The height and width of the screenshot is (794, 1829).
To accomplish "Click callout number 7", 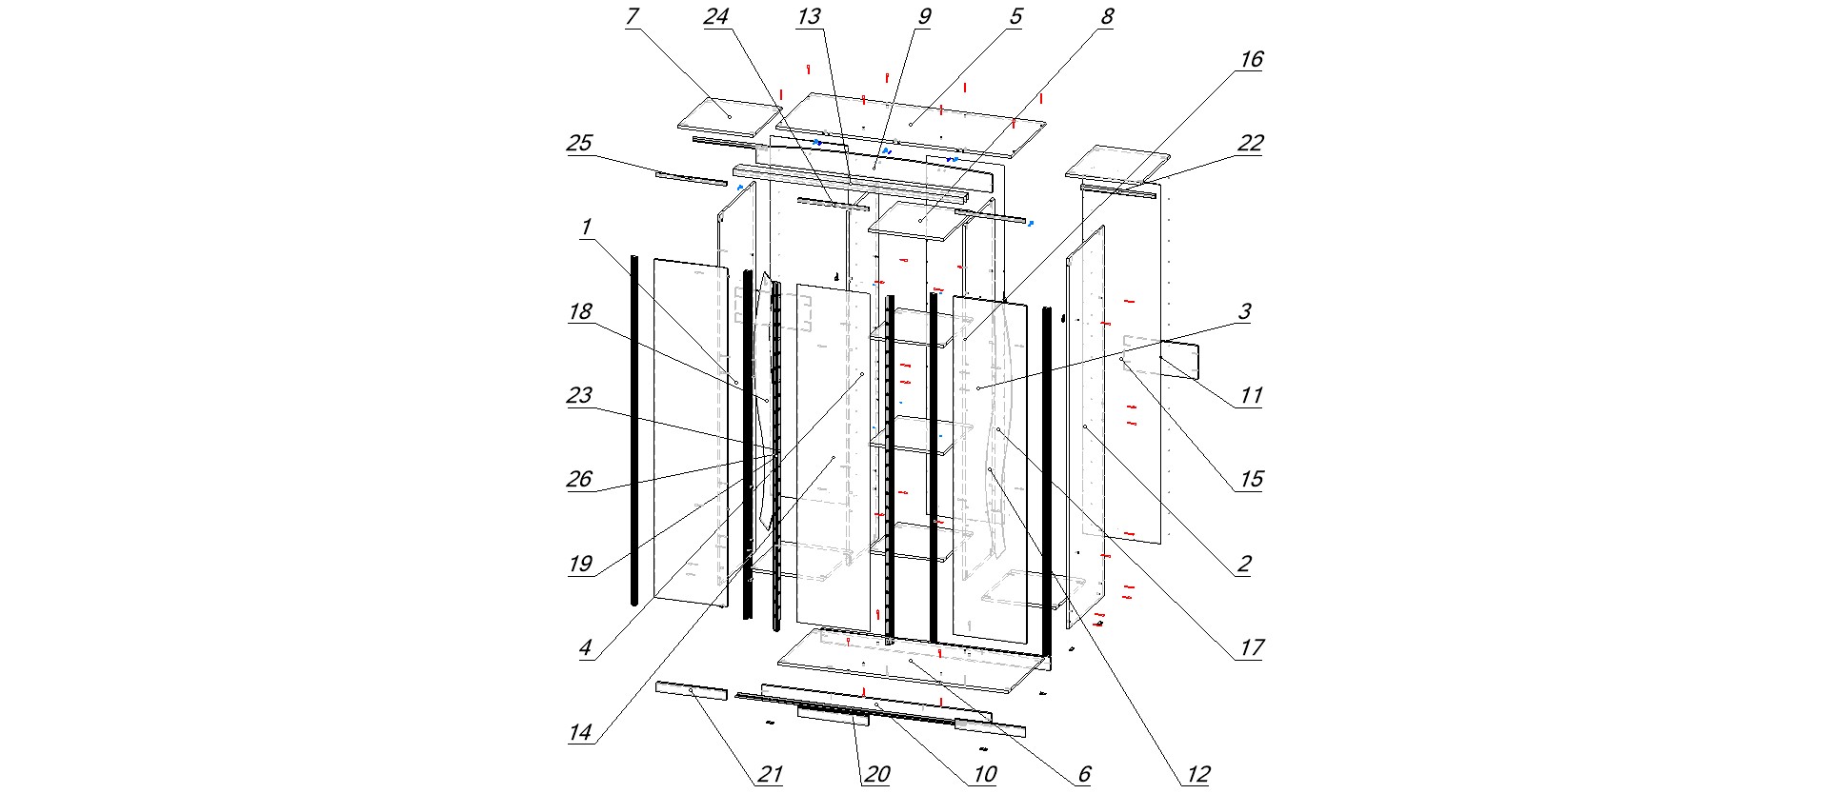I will click(x=632, y=17).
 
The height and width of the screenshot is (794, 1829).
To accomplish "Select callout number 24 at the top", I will click(x=715, y=17).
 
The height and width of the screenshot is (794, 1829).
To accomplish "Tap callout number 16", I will click(x=1250, y=59).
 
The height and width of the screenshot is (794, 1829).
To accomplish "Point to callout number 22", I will click(x=1250, y=144).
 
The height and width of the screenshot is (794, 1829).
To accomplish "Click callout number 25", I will click(x=579, y=144).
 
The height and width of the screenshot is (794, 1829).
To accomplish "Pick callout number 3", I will click(x=1244, y=311).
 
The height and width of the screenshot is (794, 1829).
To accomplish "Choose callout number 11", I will click(x=1250, y=395).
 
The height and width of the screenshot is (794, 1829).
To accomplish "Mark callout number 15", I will click(x=1250, y=479).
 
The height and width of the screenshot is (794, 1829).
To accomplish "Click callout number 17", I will click(x=1250, y=647).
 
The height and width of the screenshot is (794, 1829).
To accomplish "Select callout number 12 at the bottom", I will click(x=1197, y=774).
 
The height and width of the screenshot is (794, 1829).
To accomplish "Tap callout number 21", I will click(x=770, y=774).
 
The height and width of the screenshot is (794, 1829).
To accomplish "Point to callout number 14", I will click(x=579, y=732).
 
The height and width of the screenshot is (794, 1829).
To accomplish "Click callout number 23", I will click(x=579, y=395).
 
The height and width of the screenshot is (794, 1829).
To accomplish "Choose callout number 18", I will click(x=579, y=311).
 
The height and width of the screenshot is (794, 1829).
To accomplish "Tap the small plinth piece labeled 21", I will click(x=692, y=690).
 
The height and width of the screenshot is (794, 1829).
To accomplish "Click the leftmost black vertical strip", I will click(x=634, y=428).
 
